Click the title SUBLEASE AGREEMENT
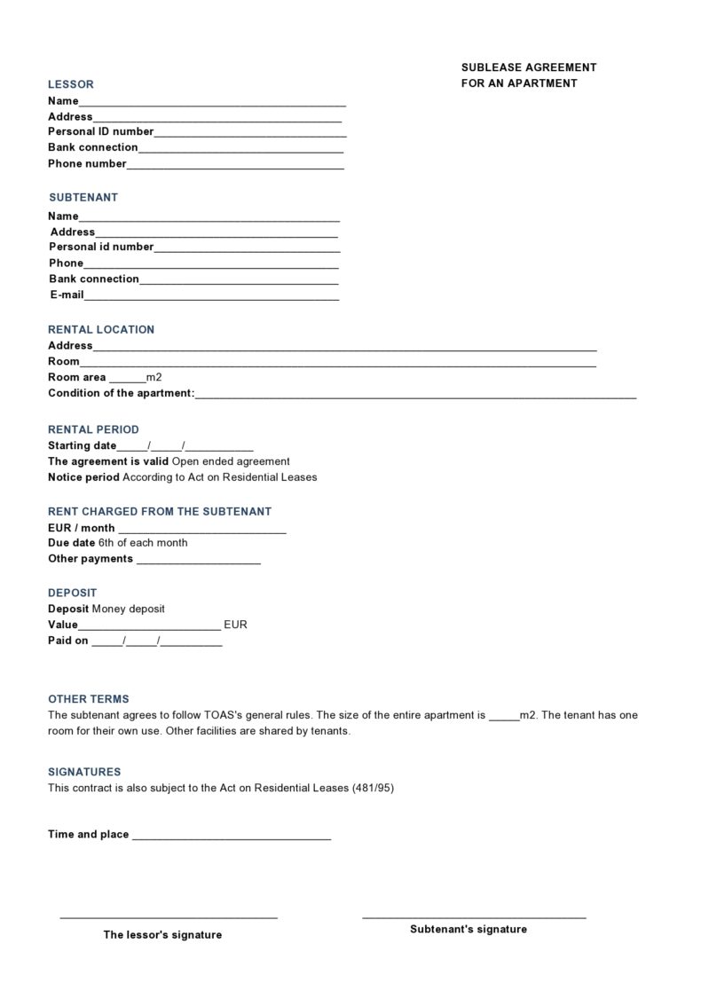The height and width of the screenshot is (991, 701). coord(529,67)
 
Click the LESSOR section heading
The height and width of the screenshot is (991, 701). coord(71,84)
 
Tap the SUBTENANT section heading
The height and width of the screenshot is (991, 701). coord(83,197)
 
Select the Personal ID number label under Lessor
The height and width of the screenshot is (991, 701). coord(101,131)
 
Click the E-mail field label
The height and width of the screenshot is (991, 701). coord(67,295)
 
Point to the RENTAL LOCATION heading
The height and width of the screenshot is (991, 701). coord(101,329)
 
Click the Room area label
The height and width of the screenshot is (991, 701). coord(77,377)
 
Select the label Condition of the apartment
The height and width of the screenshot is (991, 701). coord(121,393)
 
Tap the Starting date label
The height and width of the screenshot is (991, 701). coord(83,445)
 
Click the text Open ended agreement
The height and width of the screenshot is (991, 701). coord(231,461)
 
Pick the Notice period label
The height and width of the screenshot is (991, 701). coord(83,477)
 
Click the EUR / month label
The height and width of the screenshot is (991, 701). coord(82,528)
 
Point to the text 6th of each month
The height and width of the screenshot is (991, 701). coord(143,543)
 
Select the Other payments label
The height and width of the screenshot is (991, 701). coord(91,559)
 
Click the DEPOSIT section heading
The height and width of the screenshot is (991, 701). coord(73,593)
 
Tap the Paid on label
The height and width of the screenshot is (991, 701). coord(68,641)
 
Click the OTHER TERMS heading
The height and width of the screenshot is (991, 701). coord(89,699)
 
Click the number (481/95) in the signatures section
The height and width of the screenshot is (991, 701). coord(373,788)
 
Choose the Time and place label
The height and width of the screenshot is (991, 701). coord(89,835)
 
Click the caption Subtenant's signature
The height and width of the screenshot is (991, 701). coord(469,929)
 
